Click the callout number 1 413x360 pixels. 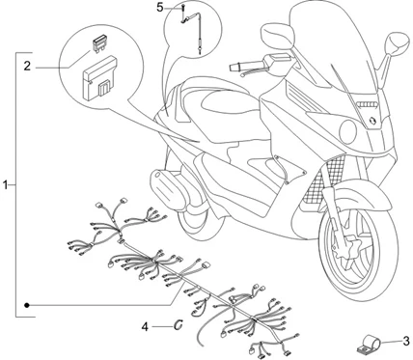[5, 185]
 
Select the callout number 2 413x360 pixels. [27, 67]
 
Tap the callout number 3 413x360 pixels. [406, 341]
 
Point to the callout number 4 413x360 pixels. [145, 327]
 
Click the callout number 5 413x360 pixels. [160, 7]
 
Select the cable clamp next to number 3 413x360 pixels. [368, 344]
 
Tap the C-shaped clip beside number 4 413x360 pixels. [179, 325]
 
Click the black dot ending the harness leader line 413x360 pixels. [27, 305]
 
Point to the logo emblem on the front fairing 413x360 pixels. [372, 120]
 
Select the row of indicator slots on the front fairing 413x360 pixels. [368, 104]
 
